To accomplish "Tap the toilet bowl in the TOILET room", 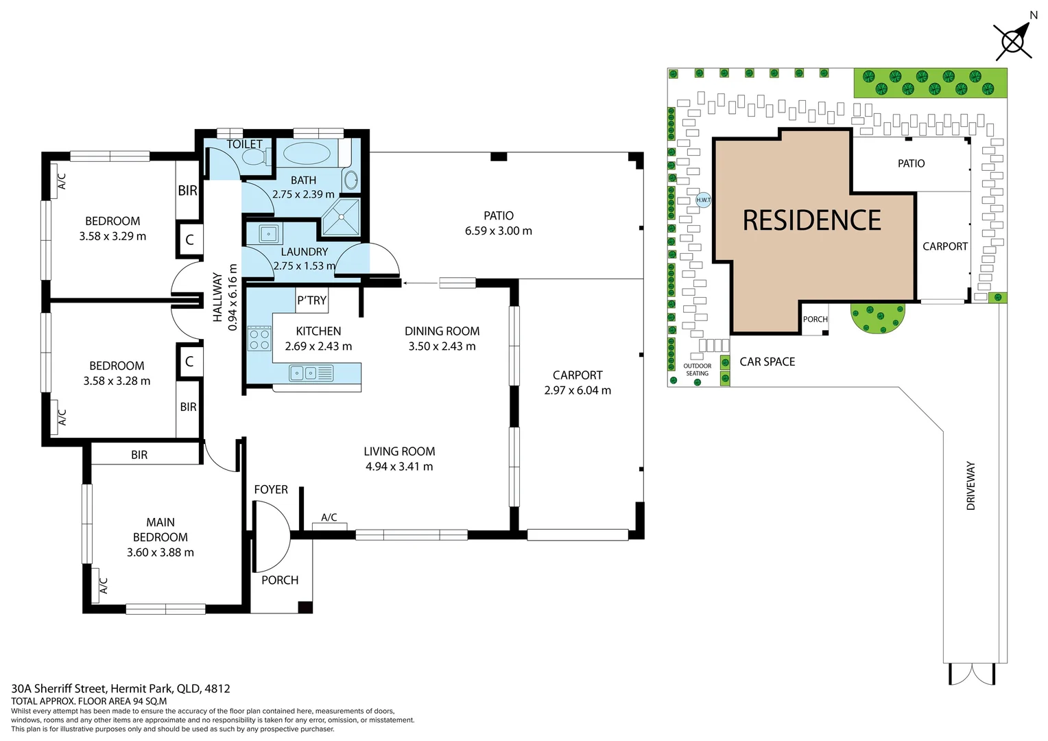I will [x=254, y=157].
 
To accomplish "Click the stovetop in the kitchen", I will [x=259, y=338].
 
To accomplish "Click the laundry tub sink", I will [x=270, y=233].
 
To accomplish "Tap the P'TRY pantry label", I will [x=311, y=301].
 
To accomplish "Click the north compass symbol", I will [x=1013, y=40].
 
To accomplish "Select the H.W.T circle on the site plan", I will [x=703, y=200].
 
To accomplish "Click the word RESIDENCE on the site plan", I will [x=811, y=220].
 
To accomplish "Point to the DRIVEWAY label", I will [x=970, y=486].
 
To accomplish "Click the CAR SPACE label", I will [x=767, y=362].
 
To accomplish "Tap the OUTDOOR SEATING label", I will [x=697, y=370].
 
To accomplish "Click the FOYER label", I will [x=271, y=489].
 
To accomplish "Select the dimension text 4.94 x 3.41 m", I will [x=399, y=467].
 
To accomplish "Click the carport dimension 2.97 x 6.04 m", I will [x=577, y=390].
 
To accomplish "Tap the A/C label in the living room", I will [x=329, y=517].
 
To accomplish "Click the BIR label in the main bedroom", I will [x=139, y=455].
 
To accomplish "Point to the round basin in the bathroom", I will [x=350, y=180].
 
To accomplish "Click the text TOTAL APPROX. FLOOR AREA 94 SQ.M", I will [x=89, y=701].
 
